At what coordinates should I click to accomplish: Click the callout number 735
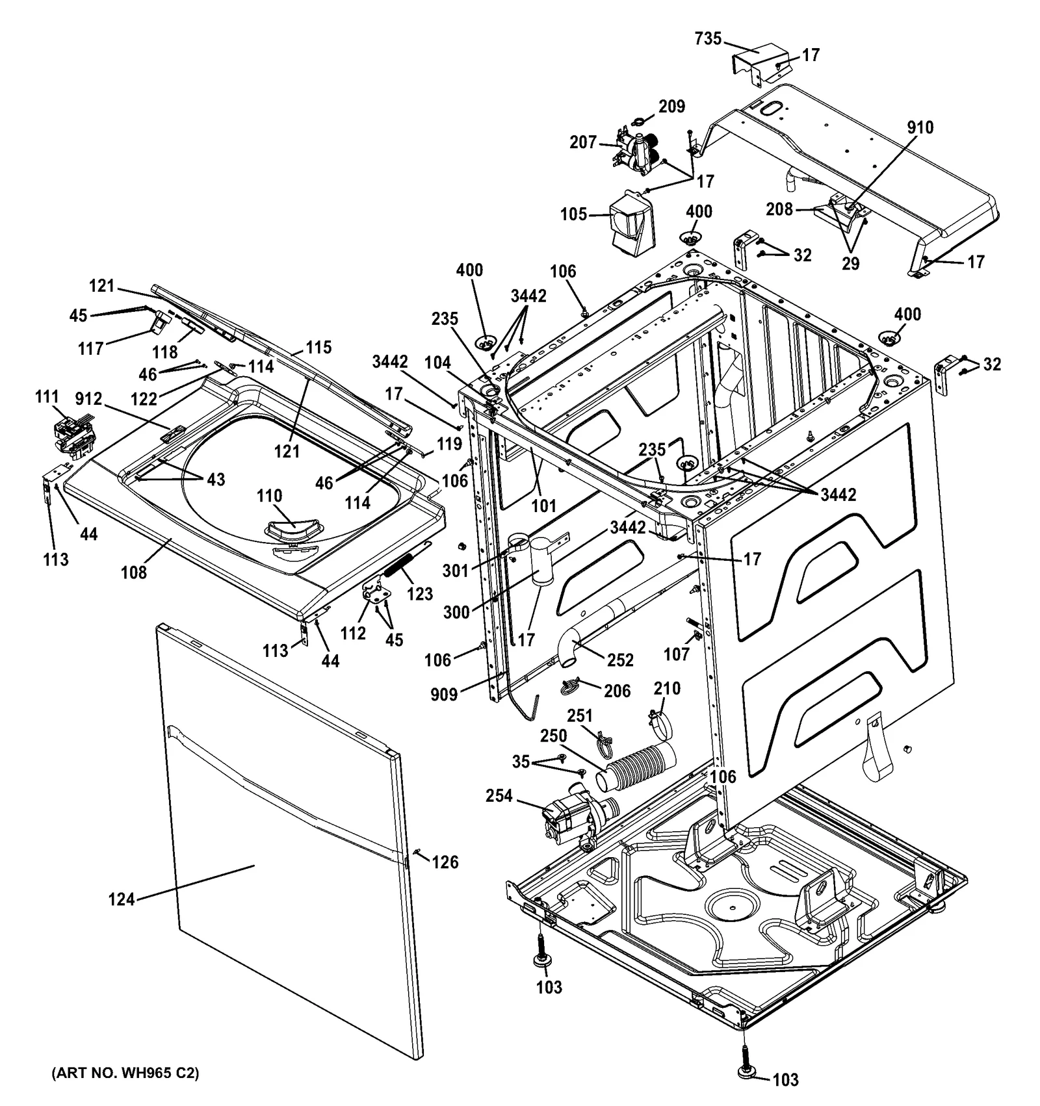pos(708,39)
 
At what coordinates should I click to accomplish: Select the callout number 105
pos(574,214)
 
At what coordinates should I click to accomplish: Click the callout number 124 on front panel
pos(122,899)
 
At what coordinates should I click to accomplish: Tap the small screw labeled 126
pos(417,852)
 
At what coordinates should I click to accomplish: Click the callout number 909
pos(444,695)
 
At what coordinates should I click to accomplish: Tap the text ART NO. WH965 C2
pos(125,1073)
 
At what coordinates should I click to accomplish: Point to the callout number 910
pos(920,127)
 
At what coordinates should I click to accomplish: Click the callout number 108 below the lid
pos(133,572)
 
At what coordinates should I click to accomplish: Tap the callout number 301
pos(455,571)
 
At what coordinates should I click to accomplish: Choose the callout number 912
pos(88,398)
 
